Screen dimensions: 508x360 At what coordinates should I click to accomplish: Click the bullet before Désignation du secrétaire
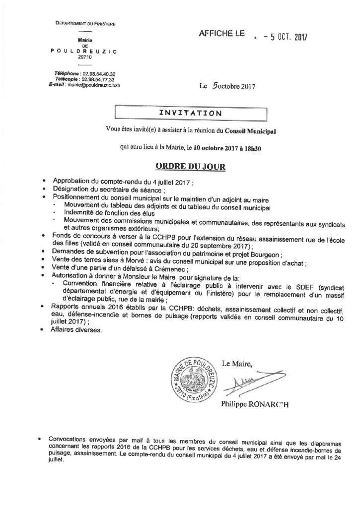coord(46,190)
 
